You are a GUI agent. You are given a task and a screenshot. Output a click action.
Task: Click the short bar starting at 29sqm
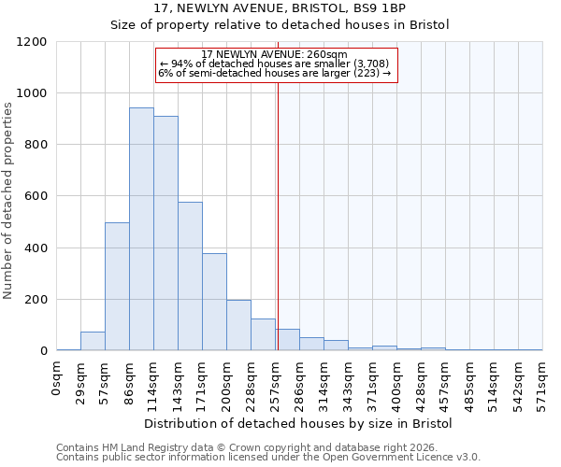(x=93, y=341)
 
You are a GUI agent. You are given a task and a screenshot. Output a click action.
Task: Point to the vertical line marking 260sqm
(x=278, y=215)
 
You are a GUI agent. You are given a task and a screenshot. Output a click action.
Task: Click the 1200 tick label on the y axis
(x=31, y=42)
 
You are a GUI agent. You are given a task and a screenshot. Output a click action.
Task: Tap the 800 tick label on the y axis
(x=35, y=145)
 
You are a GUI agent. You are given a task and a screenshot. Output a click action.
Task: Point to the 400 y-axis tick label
(x=35, y=248)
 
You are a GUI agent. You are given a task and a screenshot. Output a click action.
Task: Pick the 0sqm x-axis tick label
(x=57, y=379)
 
